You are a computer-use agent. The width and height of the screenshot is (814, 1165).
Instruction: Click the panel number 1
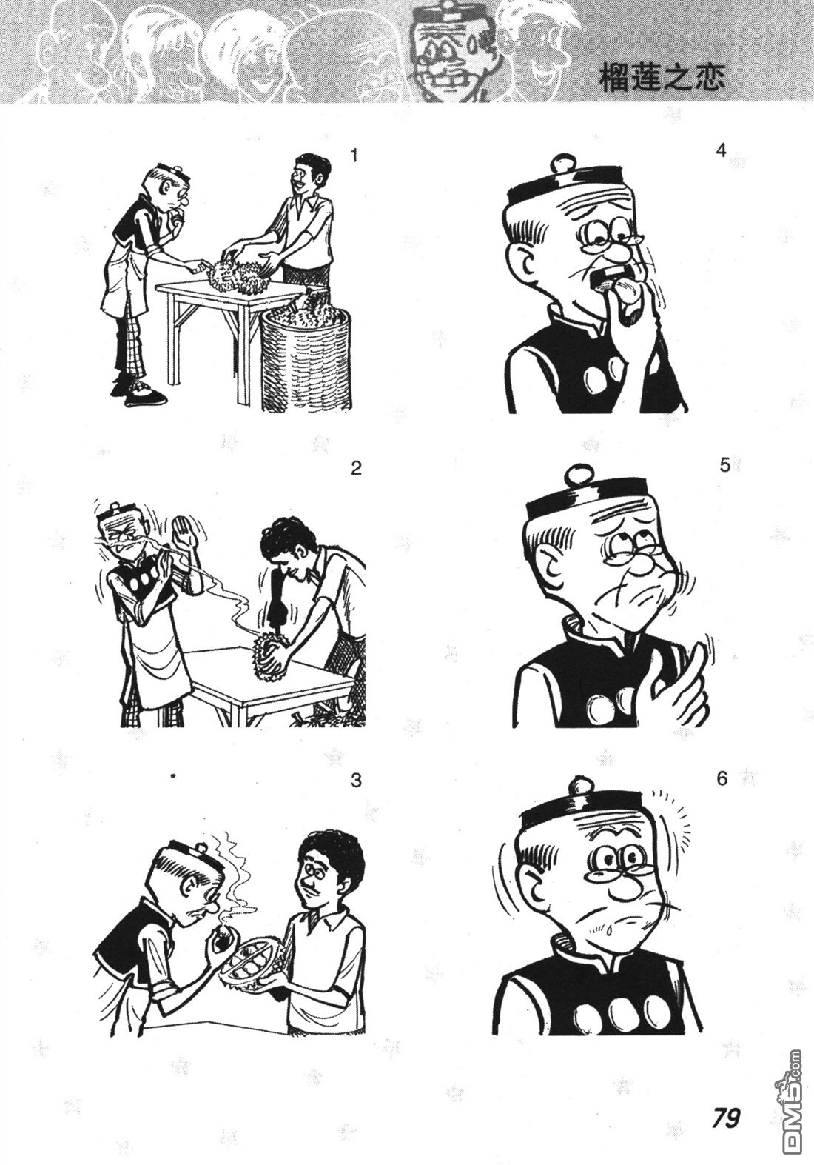click(354, 156)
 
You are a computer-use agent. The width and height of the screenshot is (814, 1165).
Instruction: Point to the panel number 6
click(721, 778)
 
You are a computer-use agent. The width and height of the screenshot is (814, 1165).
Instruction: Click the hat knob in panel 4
click(565, 161)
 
